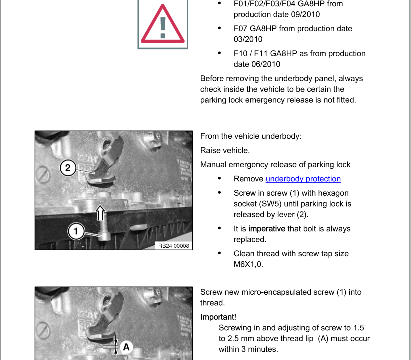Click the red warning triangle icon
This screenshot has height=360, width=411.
pos(163,25)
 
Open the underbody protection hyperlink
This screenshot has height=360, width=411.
pos(303,179)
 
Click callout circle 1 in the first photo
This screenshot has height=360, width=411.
pos(76,230)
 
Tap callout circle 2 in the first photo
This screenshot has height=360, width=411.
pos(68,168)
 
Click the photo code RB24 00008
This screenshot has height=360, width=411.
pos(173,246)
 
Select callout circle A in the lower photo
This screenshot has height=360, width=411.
pos(126,346)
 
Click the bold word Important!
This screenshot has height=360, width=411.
pos(218,317)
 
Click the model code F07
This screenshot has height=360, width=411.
pos(241,29)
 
